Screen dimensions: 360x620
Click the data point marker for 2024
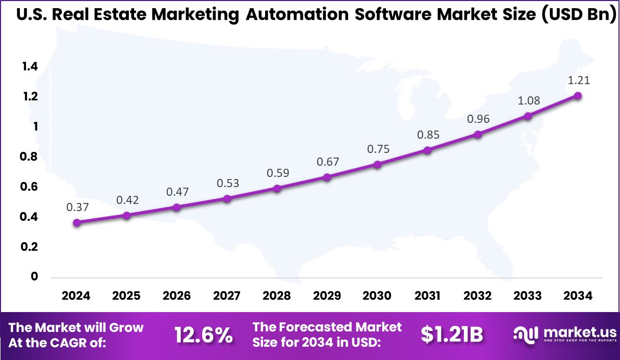[x=76, y=223]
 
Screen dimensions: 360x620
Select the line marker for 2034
[x=578, y=96]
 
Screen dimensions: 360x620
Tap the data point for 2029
[x=327, y=177]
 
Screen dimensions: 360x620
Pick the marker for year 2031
[x=427, y=150]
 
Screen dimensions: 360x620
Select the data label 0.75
[x=377, y=149]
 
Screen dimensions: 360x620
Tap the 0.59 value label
[x=277, y=173]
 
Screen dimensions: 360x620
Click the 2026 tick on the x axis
[x=176, y=296]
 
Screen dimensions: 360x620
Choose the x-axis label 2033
[x=528, y=296]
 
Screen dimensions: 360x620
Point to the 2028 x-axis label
[x=277, y=296]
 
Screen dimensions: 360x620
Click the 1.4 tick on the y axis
[x=30, y=66]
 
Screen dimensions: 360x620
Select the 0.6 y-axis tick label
[x=30, y=187]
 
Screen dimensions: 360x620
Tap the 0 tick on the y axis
[x=34, y=277]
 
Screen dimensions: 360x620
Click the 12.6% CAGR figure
[x=203, y=335]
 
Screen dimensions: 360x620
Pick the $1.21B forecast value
[x=452, y=335]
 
